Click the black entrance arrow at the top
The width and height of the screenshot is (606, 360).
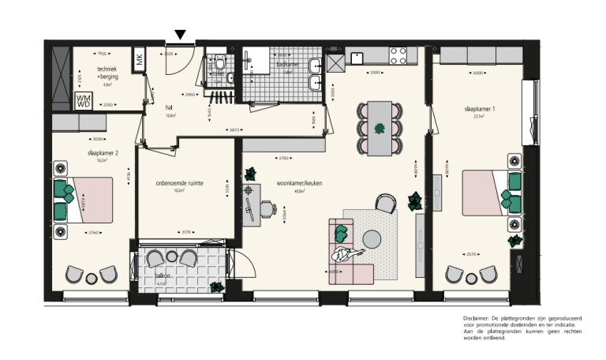click(x=181, y=34)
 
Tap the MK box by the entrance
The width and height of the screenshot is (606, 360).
click(x=139, y=59)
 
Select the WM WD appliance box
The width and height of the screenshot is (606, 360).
click(x=83, y=101)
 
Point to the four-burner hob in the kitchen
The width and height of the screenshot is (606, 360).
click(x=399, y=55)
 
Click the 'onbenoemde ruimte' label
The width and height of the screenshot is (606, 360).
click(x=180, y=182)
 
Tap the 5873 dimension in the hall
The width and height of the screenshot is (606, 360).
click(x=234, y=130)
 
